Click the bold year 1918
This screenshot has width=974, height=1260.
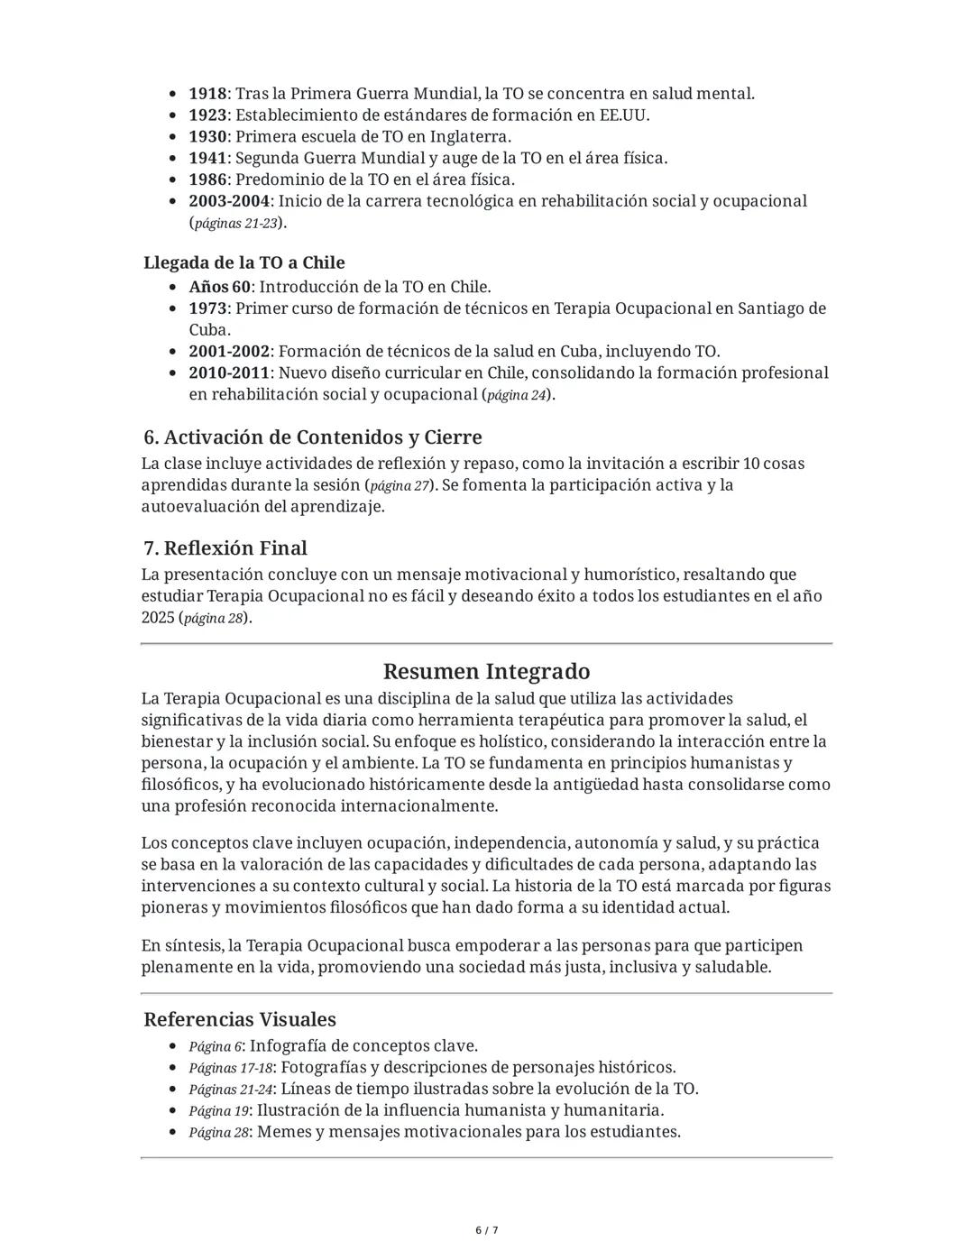[207, 94]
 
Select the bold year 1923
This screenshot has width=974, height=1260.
[207, 115]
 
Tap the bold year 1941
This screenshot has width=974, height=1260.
[207, 159]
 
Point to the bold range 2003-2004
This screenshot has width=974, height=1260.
[227, 201]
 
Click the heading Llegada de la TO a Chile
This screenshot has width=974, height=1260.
[243, 262]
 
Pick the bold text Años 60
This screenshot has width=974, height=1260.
[219, 287]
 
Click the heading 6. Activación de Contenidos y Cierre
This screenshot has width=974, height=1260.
[312, 437]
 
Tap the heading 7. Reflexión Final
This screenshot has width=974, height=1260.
[225, 548]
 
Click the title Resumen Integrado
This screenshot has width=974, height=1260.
[486, 672]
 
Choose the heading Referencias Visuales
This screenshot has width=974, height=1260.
[239, 1020]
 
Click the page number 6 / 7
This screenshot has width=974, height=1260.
[487, 1231]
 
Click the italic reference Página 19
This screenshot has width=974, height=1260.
[218, 1111]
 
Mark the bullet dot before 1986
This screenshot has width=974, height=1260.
[172, 180]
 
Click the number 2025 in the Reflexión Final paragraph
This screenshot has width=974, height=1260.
[159, 618]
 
